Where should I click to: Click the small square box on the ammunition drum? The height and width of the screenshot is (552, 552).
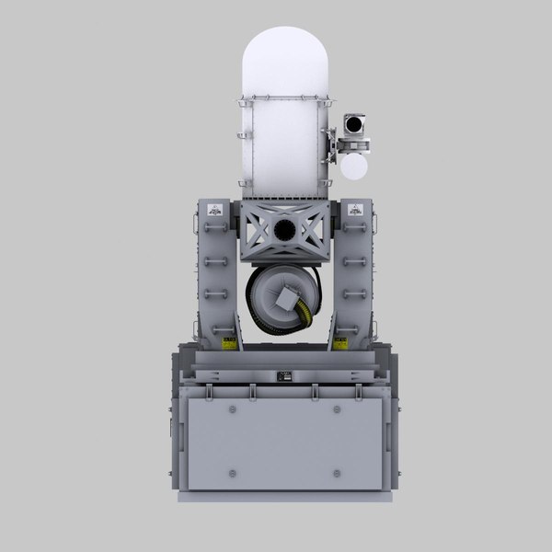(x=285, y=297)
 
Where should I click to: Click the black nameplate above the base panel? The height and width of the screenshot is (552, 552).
(x=284, y=374)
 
